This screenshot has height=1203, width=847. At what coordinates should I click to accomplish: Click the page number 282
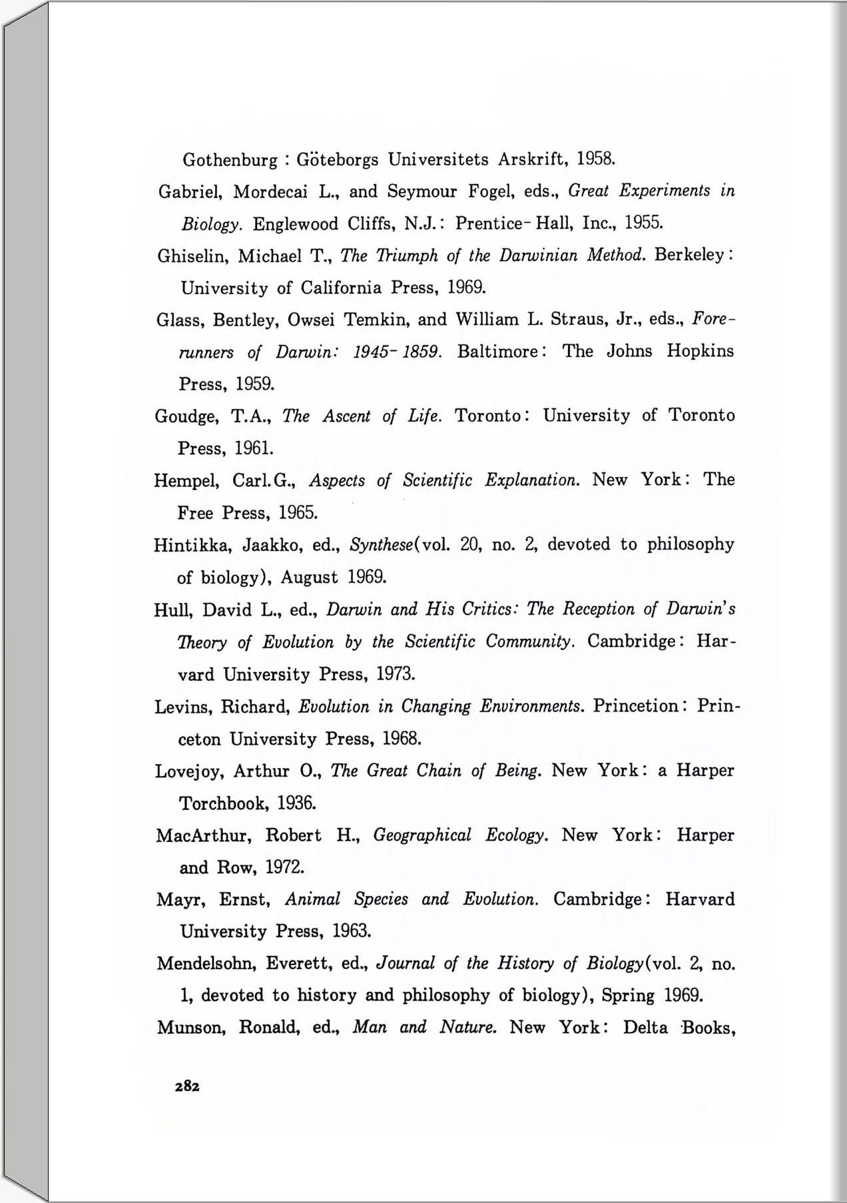tap(187, 1086)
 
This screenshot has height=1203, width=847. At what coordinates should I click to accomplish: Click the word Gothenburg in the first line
tap(230, 161)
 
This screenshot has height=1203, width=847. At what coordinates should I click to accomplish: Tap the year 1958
tap(595, 159)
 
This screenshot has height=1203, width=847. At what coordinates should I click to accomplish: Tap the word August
tap(309, 577)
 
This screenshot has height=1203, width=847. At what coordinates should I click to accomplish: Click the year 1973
tap(396, 674)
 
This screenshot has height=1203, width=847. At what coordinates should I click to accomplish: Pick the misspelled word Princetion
tap(637, 706)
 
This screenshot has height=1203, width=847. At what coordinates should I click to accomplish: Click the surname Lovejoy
tap(189, 771)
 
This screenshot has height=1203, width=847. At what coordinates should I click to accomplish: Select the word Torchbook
tap(223, 803)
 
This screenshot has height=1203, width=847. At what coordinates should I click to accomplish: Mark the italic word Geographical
tap(422, 835)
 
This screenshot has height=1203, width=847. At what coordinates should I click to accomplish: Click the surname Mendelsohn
tap(206, 964)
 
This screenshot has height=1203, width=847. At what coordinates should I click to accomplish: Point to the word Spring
tap(628, 996)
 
